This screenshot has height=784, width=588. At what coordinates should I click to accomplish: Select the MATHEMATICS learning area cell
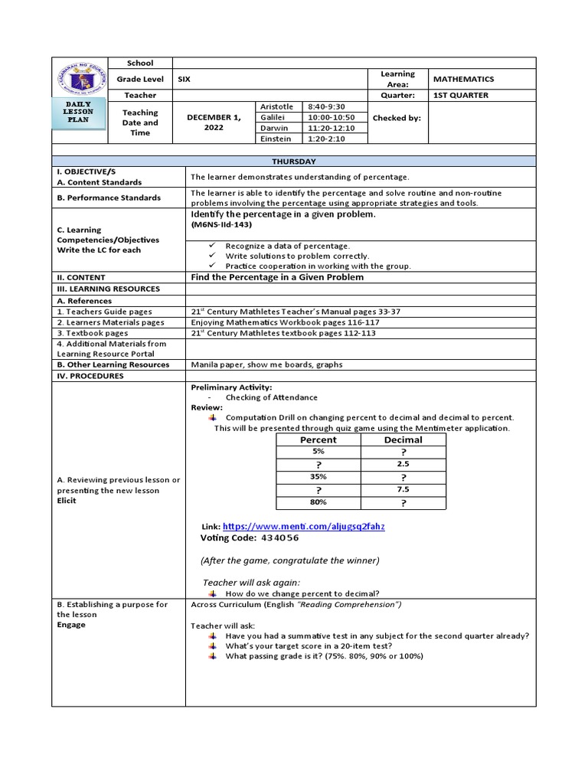463,79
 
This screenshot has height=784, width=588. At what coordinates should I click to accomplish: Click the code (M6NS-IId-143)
222,227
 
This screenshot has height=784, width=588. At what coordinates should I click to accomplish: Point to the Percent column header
318,440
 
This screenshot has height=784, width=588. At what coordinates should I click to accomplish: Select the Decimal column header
403,440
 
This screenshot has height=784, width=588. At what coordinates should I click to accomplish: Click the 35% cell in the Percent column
318,476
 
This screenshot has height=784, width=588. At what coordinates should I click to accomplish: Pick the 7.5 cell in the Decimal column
403,489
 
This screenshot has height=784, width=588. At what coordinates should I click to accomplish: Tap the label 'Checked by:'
397,118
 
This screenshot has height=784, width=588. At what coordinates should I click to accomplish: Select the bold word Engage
71,625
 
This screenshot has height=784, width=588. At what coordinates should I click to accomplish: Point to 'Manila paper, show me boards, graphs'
266,365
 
